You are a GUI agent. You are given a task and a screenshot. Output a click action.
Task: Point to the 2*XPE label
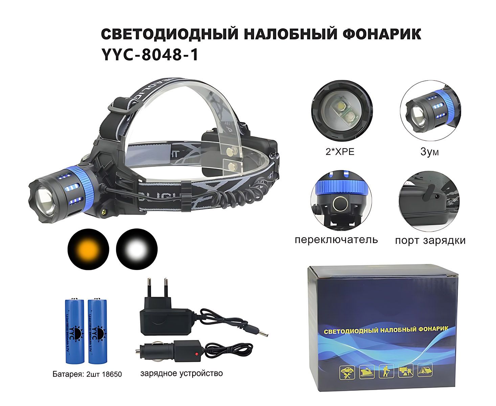click(x=340, y=152)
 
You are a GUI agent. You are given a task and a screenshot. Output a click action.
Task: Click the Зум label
click(x=429, y=152)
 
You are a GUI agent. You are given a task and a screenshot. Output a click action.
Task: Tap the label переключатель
click(x=336, y=240)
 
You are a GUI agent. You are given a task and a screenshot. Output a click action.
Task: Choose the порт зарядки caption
click(x=430, y=241)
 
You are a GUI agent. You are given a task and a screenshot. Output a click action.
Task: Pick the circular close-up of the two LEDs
click(x=341, y=113)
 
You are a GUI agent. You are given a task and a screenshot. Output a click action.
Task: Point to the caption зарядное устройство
click(x=182, y=373)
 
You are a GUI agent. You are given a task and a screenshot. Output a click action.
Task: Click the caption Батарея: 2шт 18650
click(x=87, y=374)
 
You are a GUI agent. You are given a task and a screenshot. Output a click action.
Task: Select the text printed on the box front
click(x=386, y=330)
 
